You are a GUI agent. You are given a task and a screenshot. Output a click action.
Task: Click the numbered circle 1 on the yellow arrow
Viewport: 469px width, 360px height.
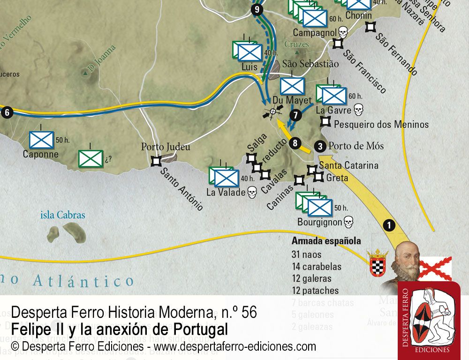(388, 225)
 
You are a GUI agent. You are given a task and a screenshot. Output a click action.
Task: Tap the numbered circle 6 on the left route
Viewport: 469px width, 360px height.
(7, 112)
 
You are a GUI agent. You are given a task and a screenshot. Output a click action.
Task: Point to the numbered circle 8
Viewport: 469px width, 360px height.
(295, 143)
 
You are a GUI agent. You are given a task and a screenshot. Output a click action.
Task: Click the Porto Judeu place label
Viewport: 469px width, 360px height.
(166, 147)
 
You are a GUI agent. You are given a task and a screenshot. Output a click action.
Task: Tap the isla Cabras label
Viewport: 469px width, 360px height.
(63, 215)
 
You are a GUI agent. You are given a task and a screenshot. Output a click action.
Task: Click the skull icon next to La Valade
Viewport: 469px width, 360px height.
(252, 192)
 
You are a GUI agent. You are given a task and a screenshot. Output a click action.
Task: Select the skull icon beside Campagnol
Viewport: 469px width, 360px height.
(343, 32)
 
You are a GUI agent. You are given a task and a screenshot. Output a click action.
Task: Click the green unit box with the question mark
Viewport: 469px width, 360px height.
(91, 158)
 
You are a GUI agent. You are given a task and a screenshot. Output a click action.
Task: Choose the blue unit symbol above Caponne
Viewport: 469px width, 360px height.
(41, 140)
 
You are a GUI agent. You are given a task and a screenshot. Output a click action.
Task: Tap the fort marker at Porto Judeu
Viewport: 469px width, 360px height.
(156, 161)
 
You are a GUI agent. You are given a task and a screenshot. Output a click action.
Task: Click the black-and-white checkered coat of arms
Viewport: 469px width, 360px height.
(378, 263)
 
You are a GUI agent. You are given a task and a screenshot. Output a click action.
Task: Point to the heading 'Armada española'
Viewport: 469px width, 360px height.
(326, 241)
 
